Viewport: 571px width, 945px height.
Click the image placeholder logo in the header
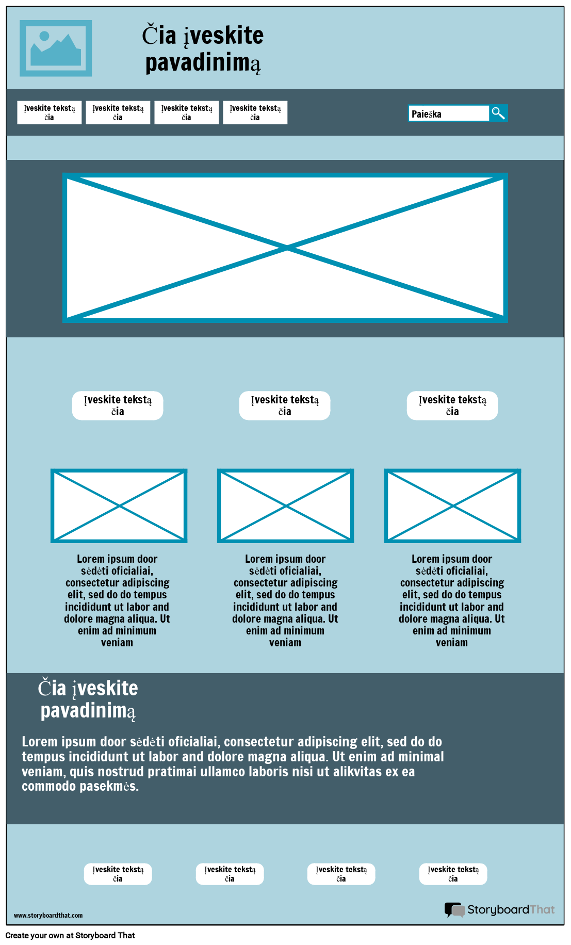pos(56,48)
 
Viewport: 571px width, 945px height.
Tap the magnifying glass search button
pos(498,113)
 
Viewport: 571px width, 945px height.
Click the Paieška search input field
pos(449,113)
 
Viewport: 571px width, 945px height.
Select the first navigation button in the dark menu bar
pos(50,112)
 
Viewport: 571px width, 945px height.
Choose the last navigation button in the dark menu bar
pos(255,112)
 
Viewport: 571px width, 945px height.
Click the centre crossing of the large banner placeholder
pos(286,248)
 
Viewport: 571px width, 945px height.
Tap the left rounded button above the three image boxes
pos(118,405)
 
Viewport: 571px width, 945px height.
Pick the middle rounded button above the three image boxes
pos(285,405)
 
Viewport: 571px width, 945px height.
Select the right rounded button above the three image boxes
pos(452,405)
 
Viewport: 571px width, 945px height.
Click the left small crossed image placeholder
pos(119,506)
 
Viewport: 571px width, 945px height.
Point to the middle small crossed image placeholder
pos(286,506)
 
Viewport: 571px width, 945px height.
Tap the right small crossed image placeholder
pos(453,506)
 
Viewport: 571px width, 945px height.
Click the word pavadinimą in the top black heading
pos(203,63)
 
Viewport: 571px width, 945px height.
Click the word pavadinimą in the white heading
pos(88,711)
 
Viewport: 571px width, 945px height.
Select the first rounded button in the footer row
pos(118,874)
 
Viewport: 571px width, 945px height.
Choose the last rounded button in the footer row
pos(453,874)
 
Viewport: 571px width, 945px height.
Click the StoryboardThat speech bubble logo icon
pos(454,910)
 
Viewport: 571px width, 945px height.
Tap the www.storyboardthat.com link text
pos(48,916)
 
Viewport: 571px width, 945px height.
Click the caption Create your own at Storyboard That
pos(70,935)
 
